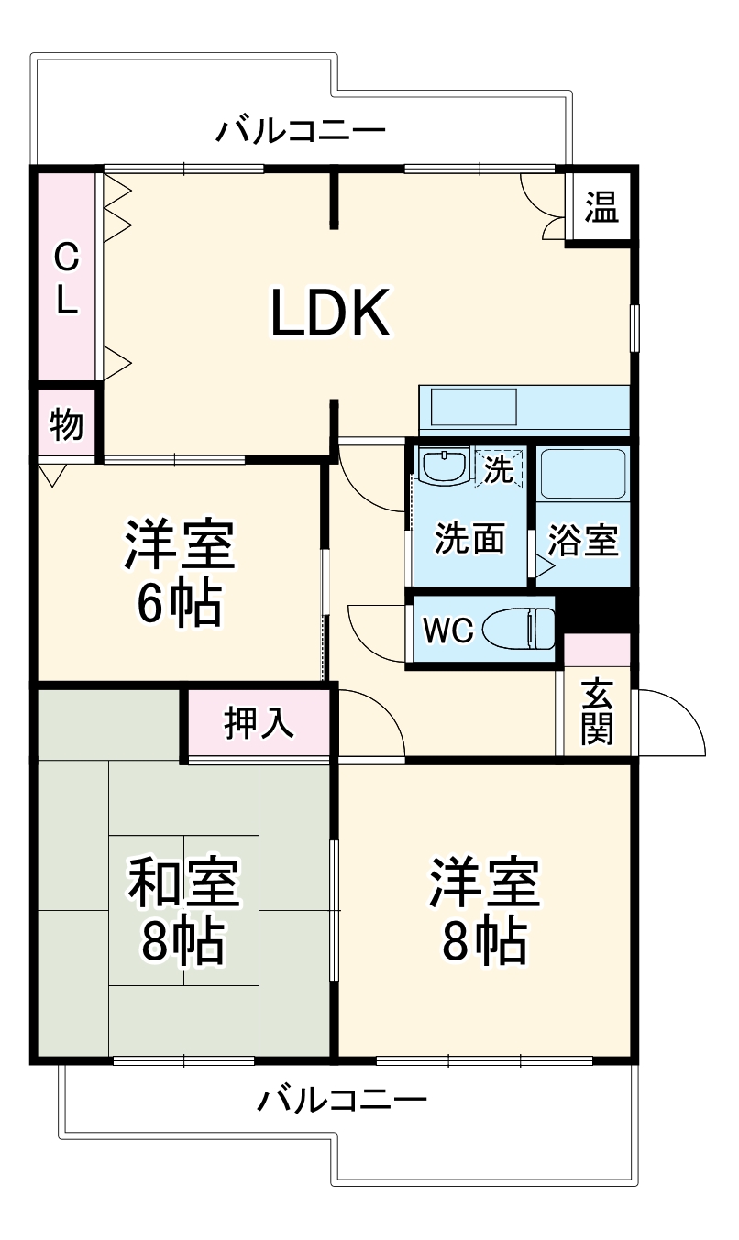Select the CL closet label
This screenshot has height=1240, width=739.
pos(65,279)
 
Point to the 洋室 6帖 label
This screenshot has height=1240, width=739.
pos(180,573)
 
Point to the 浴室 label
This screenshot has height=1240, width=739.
pos(583,541)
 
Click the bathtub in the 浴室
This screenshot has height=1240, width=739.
pos(583,474)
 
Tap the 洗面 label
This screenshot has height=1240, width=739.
pos(469,540)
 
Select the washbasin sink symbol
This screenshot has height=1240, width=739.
pos(443,465)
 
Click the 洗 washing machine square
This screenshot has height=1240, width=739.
pos(499,468)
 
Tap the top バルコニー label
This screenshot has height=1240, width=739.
pos(301,131)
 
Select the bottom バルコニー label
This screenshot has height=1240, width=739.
pos(341,1099)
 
